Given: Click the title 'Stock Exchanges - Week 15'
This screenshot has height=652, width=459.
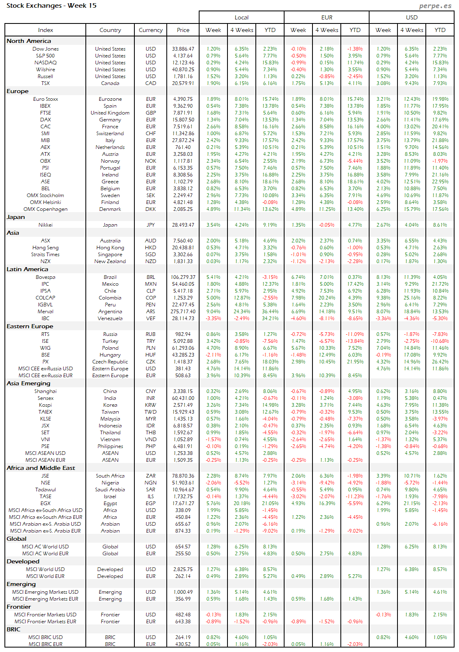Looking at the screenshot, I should [x=51, y=6].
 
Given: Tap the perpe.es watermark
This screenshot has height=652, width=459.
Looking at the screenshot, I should [x=435, y=6].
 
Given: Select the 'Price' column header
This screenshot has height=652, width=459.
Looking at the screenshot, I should [x=183, y=30].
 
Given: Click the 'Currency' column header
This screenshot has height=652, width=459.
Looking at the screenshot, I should [x=151, y=30].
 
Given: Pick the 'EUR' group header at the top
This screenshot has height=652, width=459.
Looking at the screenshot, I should [x=327, y=17].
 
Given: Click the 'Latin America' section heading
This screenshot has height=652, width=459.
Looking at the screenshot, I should [x=27, y=269].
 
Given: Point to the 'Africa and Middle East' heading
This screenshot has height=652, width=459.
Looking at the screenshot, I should [x=41, y=468].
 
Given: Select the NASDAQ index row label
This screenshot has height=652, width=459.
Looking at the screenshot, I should [x=45, y=63].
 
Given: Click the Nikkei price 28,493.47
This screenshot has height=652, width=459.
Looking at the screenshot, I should [x=183, y=225].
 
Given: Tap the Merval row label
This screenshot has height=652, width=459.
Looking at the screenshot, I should [x=45, y=312].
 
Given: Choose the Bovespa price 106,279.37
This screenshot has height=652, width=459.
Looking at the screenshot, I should [x=183, y=277].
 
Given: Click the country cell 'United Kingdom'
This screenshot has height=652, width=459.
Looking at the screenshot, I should [x=110, y=113].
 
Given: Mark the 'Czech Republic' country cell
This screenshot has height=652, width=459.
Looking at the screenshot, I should [x=110, y=362].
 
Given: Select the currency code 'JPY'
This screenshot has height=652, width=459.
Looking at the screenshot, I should [x=151, y=225].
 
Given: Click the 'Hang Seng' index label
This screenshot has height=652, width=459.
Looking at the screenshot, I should [x=45, y=248].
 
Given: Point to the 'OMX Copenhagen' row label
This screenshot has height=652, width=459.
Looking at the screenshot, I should [x=45, y=209].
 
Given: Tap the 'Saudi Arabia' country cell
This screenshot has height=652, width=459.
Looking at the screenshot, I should [x=110, y=490].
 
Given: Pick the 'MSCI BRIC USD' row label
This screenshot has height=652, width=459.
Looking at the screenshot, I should [x=45, y=637].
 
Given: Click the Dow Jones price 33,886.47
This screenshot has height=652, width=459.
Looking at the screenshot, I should [x=183, y=49].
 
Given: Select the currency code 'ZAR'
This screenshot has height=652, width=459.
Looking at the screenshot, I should [x=151, y=476].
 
